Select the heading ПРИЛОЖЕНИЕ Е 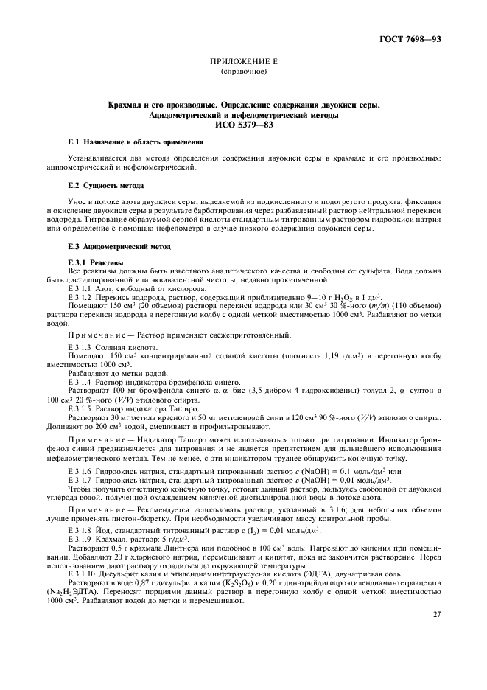[x=243, y=64]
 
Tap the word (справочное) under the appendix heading [x=243, y=73]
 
